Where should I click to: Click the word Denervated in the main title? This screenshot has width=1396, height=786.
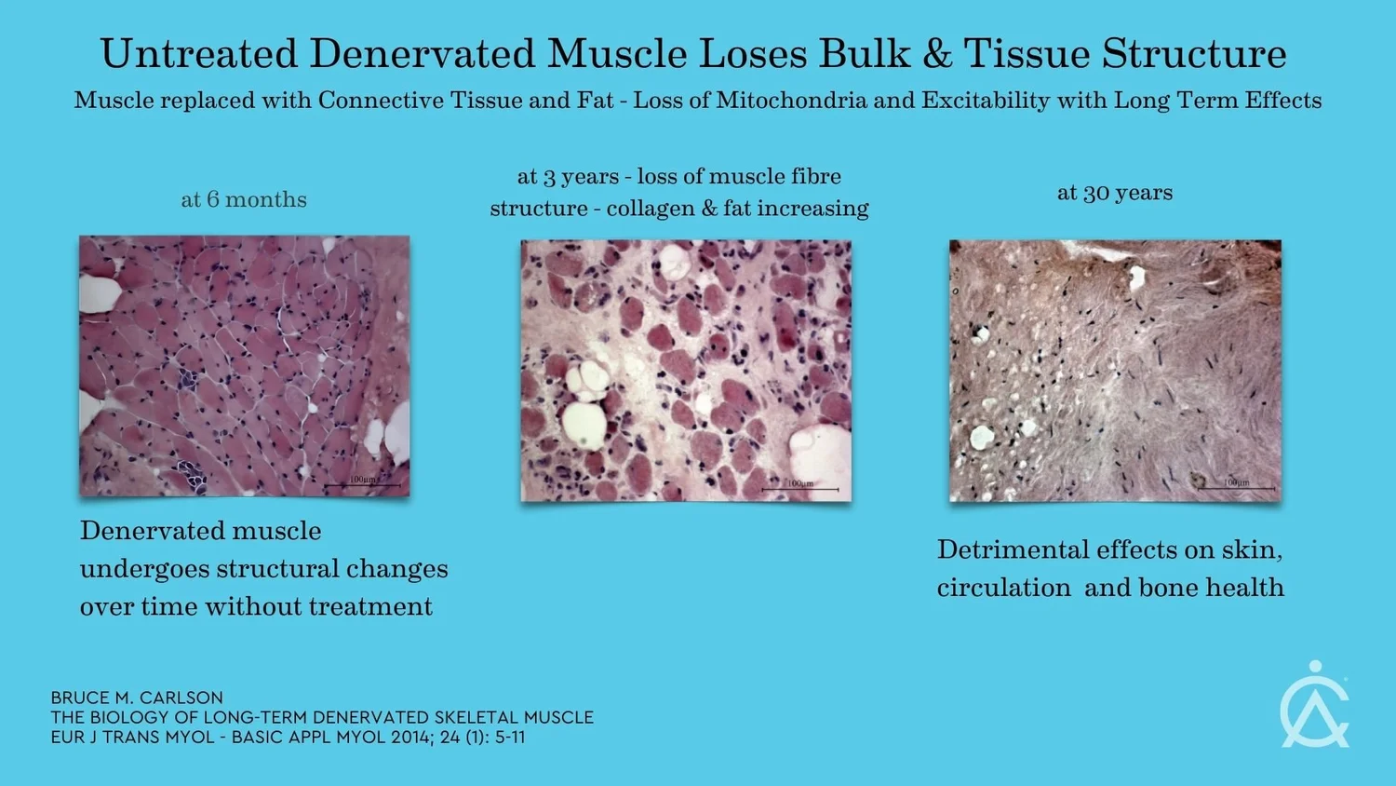click(422, 54)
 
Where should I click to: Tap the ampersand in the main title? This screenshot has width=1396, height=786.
click(937, 54)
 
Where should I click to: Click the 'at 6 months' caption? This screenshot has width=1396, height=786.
click(244, 200)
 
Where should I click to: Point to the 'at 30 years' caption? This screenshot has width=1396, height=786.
click(1115, 193)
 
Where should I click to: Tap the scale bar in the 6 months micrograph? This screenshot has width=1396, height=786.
click(362, 485)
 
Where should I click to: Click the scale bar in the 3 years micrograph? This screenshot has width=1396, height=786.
click(799, 489)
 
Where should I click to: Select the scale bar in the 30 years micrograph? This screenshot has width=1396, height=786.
click(1236, 488)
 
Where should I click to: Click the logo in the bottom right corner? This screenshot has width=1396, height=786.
click(1314, 706)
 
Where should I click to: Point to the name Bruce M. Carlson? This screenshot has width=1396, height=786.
click(137, 698)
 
